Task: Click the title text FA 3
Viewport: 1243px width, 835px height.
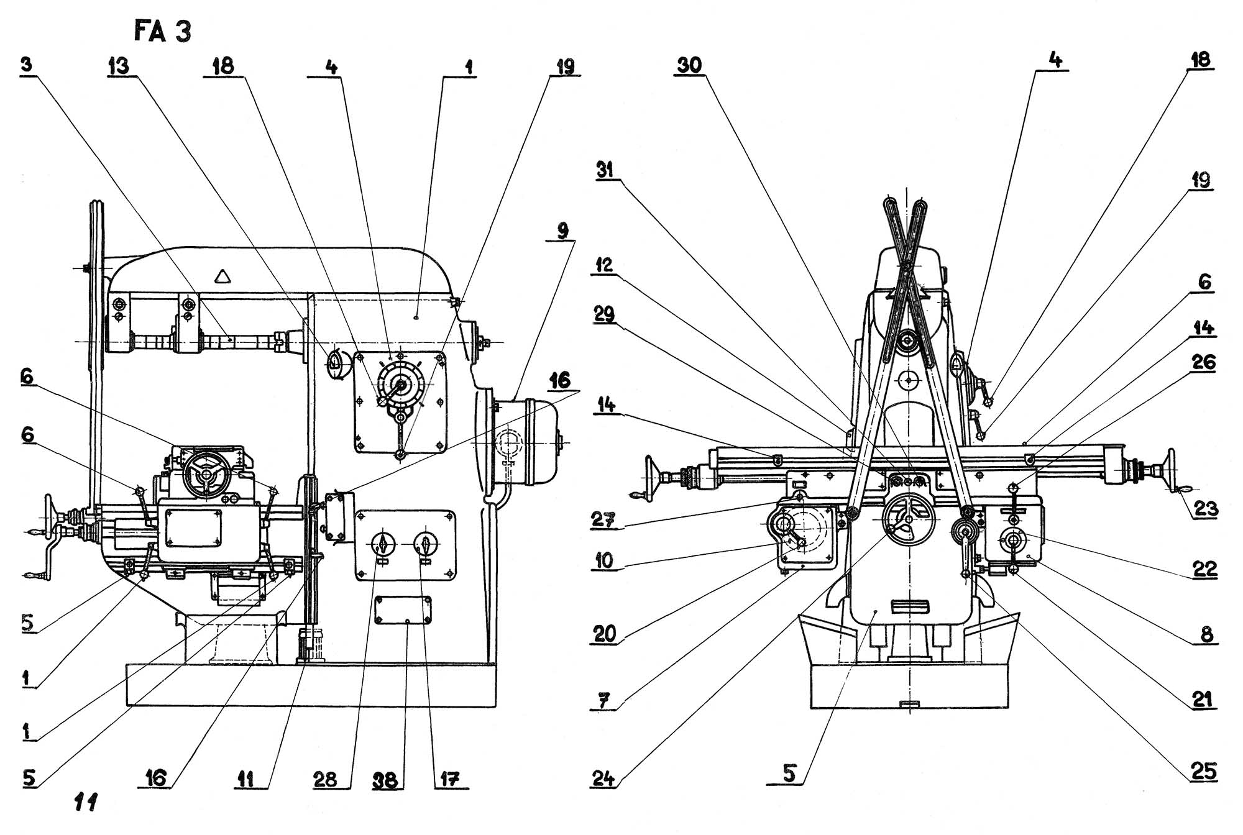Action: (163, 31)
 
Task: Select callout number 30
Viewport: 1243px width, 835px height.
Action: (689, 65)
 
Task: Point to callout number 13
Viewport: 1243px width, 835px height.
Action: (118, 65)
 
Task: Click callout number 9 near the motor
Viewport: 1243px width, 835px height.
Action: (562, 231)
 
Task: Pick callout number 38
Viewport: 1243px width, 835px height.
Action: (385, 779)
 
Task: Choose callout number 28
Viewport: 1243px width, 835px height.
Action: (325, 779)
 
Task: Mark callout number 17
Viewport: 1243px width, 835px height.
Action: (449, 779)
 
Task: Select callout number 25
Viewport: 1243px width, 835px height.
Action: (1202, 771)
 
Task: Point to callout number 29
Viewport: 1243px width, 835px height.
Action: (604, 314)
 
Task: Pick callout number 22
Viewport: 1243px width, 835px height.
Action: (1204, 568)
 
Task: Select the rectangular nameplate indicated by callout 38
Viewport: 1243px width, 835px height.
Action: (403, 610)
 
